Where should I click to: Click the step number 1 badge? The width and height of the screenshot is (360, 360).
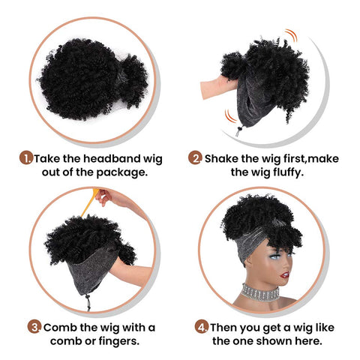26,159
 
